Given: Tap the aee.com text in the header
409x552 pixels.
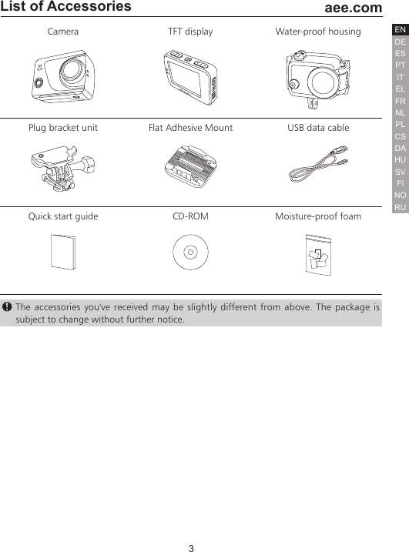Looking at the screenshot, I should pyautogui.click(x=354, y=8).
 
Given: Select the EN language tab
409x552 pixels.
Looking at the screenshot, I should pyautogui.click(x=400, y=30).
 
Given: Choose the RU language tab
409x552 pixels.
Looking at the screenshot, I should pyautogui.click(x=400, y=208).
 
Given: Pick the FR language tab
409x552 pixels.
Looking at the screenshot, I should pyautogui.click(x=400, y=101).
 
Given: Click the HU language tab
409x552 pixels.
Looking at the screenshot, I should pyautogui.click(x=400, y=160).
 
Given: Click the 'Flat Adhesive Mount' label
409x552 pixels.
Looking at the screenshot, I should pyautogui.click(x=190, y=128).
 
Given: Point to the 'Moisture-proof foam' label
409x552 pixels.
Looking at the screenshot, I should pyautogui.click(x=318, y=216).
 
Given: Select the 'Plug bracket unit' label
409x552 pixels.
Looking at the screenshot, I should pyautogui.click(x=62, y=128).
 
